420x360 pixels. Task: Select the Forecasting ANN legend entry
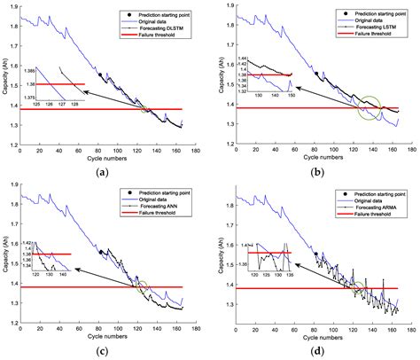tap(156, 205)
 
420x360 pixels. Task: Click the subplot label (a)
tap(104, 172)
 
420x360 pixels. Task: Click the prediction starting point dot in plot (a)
tap(100, 75)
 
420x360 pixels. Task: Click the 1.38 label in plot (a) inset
tap(27, 84)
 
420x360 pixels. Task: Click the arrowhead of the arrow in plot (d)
tap(294, 264)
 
